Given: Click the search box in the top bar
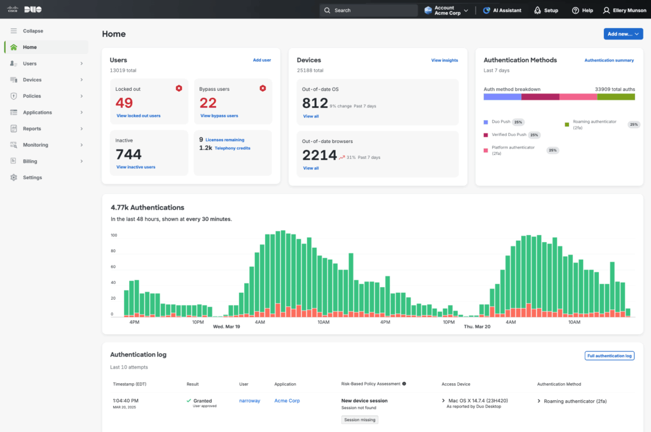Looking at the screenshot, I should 368,10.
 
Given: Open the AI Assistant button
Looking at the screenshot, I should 502,10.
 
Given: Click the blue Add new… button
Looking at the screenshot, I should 623,34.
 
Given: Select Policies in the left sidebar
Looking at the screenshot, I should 32,96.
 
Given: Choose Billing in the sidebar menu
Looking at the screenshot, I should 30,161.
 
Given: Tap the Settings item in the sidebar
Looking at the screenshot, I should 32,177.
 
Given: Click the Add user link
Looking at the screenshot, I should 262,60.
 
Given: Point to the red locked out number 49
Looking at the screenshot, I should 125,103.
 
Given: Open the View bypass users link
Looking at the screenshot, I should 219,116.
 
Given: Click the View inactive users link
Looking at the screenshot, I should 136,167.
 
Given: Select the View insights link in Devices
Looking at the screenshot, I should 444,60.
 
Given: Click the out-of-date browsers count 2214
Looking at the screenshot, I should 319,155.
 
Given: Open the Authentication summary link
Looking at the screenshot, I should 609,60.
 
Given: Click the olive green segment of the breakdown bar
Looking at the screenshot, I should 616,97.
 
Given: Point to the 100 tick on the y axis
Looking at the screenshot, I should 114,235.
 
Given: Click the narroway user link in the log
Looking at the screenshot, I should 249,401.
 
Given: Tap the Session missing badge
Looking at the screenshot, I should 360,420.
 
